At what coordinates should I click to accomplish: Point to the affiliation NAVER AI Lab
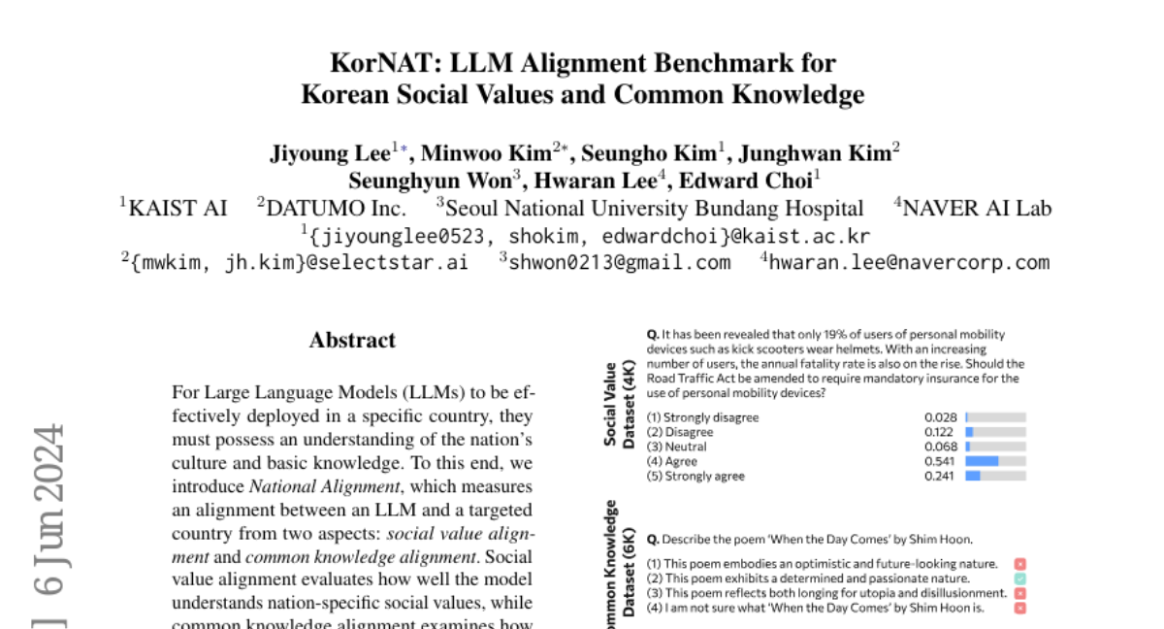click(977, 208)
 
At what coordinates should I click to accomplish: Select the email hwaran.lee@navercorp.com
click(909, 262)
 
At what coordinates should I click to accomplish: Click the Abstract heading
click(352, 340)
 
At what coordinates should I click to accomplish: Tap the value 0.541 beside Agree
click(940, 461)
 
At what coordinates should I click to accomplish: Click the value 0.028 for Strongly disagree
click(940, 417)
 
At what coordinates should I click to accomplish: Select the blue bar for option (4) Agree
click(983, 461)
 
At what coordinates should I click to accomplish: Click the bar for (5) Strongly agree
click(973, 476)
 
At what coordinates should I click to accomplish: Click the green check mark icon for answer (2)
click(1019, 579)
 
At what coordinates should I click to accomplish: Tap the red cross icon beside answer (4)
click(1019, 608)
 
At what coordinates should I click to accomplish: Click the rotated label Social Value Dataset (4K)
click(618, 404)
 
